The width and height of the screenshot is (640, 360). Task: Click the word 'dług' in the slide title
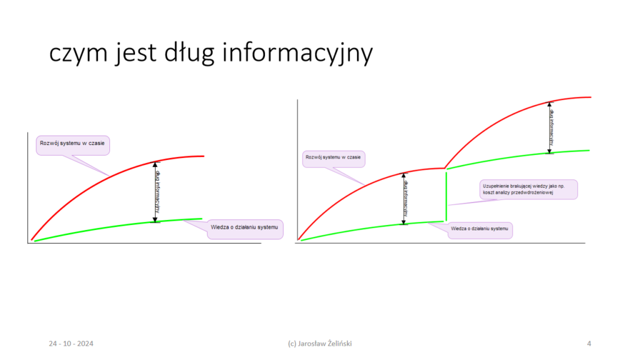[189, 53]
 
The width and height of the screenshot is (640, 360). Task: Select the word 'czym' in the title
[78, 54]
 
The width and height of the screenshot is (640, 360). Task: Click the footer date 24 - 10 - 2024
[71, 344]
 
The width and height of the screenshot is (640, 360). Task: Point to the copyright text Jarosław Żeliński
[325, 344]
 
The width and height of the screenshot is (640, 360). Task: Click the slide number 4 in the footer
[589, 344]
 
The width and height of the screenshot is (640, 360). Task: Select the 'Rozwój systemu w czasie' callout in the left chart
[72, 145]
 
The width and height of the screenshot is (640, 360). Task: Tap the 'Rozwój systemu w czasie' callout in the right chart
[334, 159]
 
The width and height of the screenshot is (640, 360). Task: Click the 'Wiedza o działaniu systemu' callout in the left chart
[245, 229]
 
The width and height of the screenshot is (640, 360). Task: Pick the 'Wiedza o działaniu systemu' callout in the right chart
[480, 230]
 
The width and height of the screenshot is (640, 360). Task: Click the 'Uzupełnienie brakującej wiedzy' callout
[529, 189]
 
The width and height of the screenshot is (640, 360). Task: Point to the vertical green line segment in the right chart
[446, 197]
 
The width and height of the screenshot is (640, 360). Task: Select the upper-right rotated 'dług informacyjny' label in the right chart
[552, 127]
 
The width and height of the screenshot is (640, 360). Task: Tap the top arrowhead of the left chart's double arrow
[155, 164]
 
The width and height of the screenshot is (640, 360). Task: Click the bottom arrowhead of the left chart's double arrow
[155, 219]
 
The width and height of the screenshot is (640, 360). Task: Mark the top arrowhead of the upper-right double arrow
[549, 104]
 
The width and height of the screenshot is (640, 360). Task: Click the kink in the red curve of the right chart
[444, 168]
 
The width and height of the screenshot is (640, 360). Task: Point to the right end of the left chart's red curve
[204, 156]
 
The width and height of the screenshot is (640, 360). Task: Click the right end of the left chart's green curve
[202, 219]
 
